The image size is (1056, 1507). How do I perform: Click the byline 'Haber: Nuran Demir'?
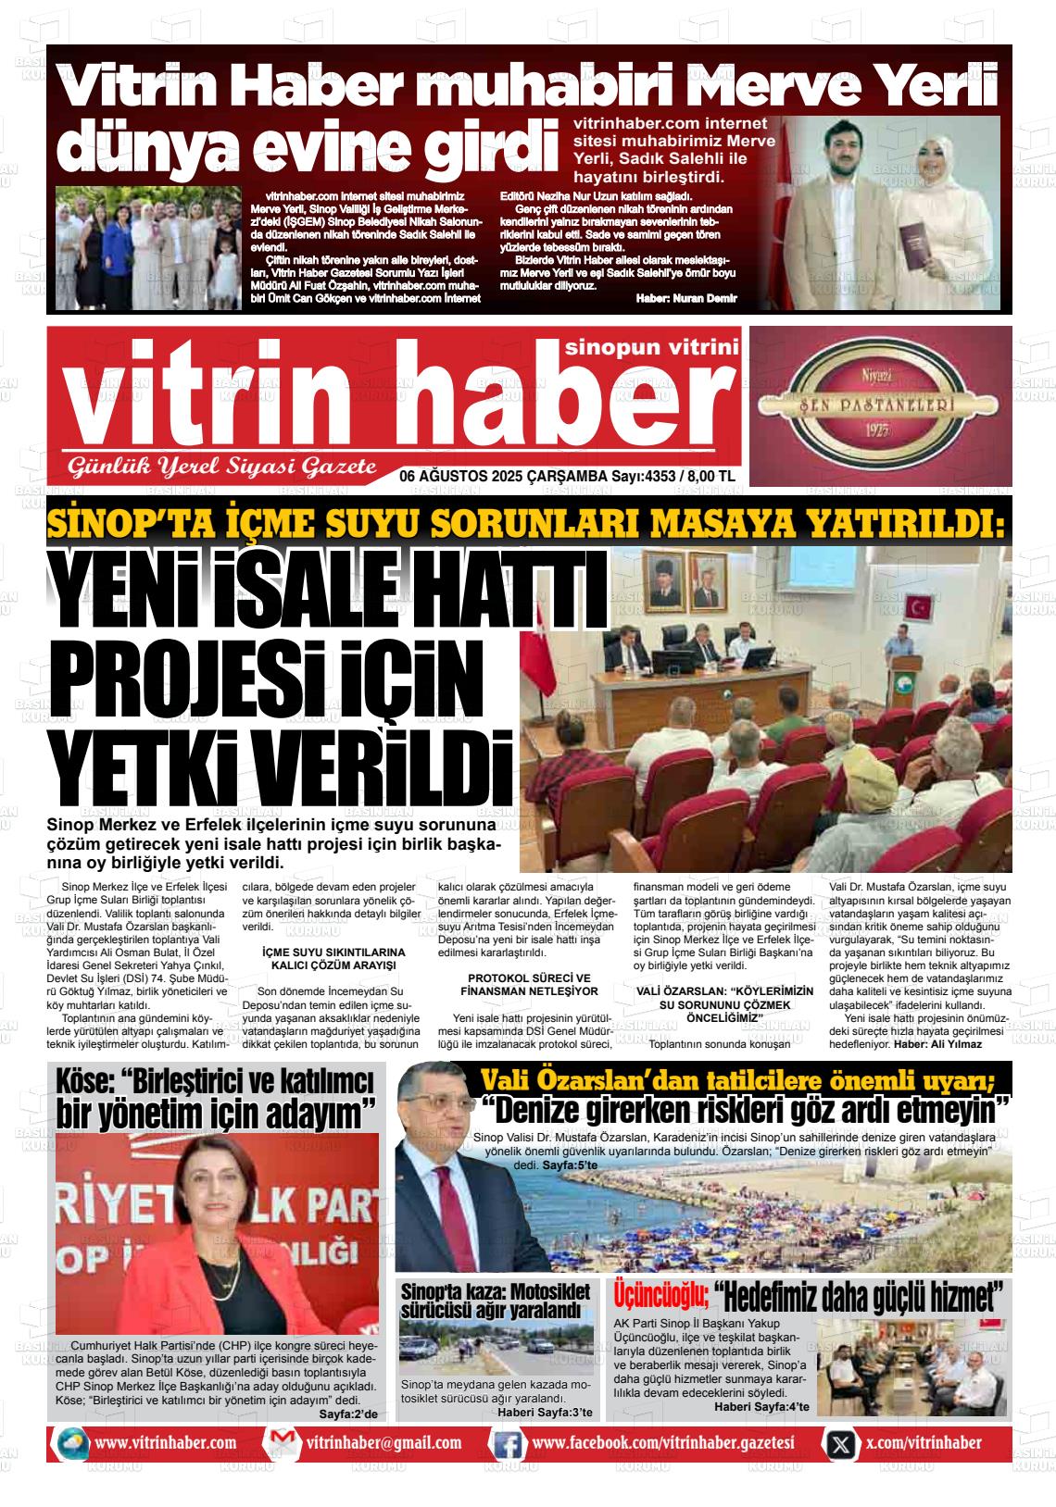tap(686, 297)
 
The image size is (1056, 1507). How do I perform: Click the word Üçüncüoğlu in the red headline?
tap(661, 1292)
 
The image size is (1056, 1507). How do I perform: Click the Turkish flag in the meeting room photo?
tap(919, 609)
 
